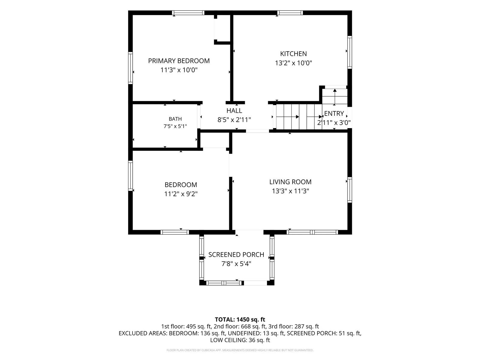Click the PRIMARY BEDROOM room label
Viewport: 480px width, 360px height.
tap(179, 61)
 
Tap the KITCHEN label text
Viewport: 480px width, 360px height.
tap(293, 54)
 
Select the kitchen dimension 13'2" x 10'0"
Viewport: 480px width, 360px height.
tap(293, 63)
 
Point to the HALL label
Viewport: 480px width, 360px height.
tap(234, 111)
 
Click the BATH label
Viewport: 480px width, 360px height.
tap(175, 119)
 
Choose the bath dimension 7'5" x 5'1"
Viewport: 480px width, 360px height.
tap(175, 126)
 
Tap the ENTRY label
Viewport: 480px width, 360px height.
tap(334, 113)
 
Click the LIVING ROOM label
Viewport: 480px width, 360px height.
tap(290, 182)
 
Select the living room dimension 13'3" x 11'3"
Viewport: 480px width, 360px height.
tap(290, 191)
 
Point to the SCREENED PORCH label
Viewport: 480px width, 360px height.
tap(236, 255)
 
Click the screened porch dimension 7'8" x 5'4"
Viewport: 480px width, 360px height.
tap(236, 264)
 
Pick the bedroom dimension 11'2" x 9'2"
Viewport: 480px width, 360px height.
tap(181, 194)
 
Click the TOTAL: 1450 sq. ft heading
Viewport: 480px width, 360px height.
tap(240, 319)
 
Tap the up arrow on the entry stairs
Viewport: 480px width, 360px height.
tap(334, 96)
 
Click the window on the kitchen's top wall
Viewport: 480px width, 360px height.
tap(290, 13)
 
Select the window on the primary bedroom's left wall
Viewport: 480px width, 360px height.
tap(130, 68)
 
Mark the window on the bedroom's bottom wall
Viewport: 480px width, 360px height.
tap(175, 232)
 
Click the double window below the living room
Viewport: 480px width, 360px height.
tap(312, 232)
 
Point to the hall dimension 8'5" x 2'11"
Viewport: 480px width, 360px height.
tap(234, 120)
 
